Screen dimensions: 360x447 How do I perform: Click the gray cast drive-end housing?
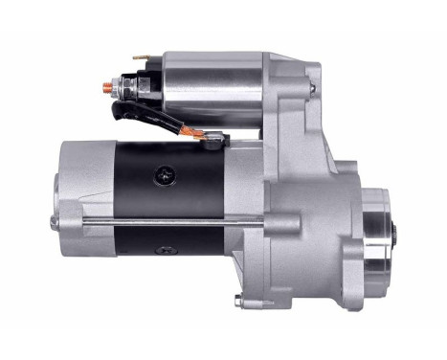coord(306,211)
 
